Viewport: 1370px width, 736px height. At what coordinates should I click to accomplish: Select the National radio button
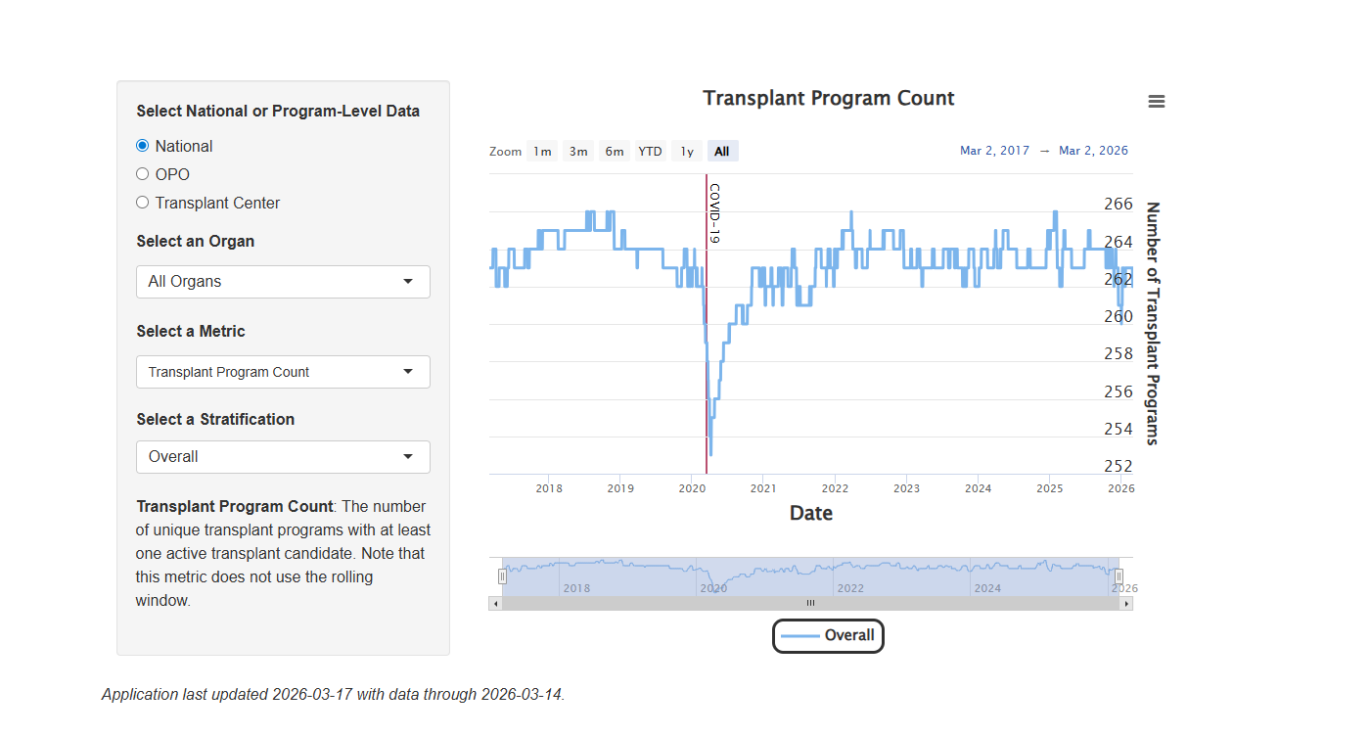click(143, 146)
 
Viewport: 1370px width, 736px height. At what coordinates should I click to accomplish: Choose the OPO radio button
click(143, 174)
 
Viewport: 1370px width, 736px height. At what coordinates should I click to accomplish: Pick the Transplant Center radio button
click(143, 203)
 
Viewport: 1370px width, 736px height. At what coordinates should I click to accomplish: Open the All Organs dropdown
click(283, 282)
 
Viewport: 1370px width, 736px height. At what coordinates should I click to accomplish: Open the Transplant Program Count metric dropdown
click(283, 372)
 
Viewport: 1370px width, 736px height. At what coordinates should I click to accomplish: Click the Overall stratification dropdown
click(283, 457)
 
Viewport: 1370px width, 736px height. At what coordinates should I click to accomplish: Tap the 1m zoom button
click(542, 151)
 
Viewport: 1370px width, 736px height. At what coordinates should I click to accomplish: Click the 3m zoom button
click(578, 151)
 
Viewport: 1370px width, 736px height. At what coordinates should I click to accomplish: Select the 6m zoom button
click(615, 151)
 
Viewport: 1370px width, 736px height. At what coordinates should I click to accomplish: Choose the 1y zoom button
click(687, 151)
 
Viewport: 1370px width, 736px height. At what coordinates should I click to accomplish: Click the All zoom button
click(722, 151)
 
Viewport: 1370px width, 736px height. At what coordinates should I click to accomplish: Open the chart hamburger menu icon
click(1157, 102)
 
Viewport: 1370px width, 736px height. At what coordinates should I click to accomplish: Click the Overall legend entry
click(829, 635)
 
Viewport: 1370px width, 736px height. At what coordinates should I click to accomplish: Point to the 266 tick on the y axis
click(1119, 205)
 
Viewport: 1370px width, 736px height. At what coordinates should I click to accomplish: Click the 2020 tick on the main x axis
click(692, 488)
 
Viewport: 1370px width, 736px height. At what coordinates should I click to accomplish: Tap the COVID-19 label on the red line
click(714, 213)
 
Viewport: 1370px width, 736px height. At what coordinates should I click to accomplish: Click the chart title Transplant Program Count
click(829, 98)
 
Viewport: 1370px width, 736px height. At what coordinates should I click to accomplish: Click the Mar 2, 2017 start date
click(994, 151)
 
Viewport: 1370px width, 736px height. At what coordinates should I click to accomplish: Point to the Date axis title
click(811, 513)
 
